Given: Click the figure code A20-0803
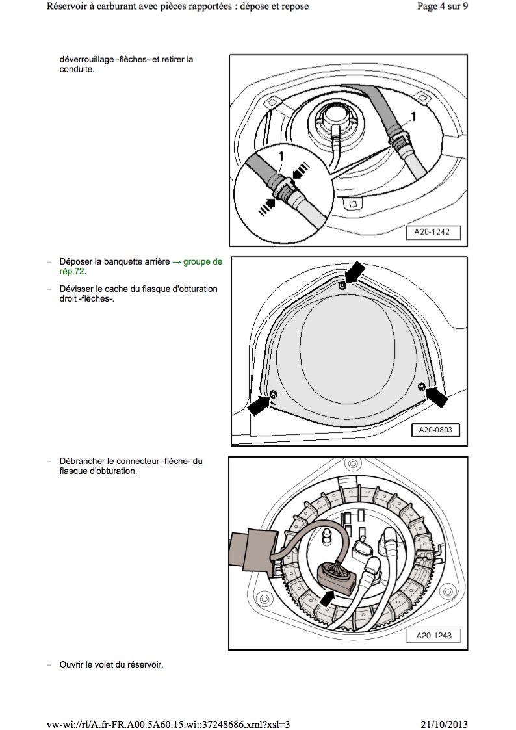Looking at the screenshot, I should point(435,430).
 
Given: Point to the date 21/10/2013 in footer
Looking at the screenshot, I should point(445,724).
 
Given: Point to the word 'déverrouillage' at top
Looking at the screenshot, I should point(87,59).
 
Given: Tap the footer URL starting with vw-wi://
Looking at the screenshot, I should point(169,724).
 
